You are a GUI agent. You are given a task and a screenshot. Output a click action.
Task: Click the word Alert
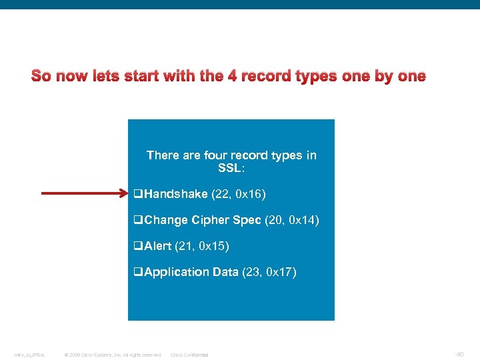point(157,246)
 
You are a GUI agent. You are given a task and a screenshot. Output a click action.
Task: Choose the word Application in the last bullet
point(176,272)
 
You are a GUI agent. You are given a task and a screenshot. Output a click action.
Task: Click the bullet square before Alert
point(138,247)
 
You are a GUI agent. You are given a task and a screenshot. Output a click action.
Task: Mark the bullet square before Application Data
point(138,273)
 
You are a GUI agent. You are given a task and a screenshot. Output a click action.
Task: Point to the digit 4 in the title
point(232,76)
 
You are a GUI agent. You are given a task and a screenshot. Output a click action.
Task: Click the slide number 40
point(460,354)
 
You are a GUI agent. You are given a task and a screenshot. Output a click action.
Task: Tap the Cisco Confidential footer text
point(189,355)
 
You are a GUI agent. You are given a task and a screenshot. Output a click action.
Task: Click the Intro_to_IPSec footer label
point(30,355)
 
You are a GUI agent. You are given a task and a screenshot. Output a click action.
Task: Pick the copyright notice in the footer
point(113,355)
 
